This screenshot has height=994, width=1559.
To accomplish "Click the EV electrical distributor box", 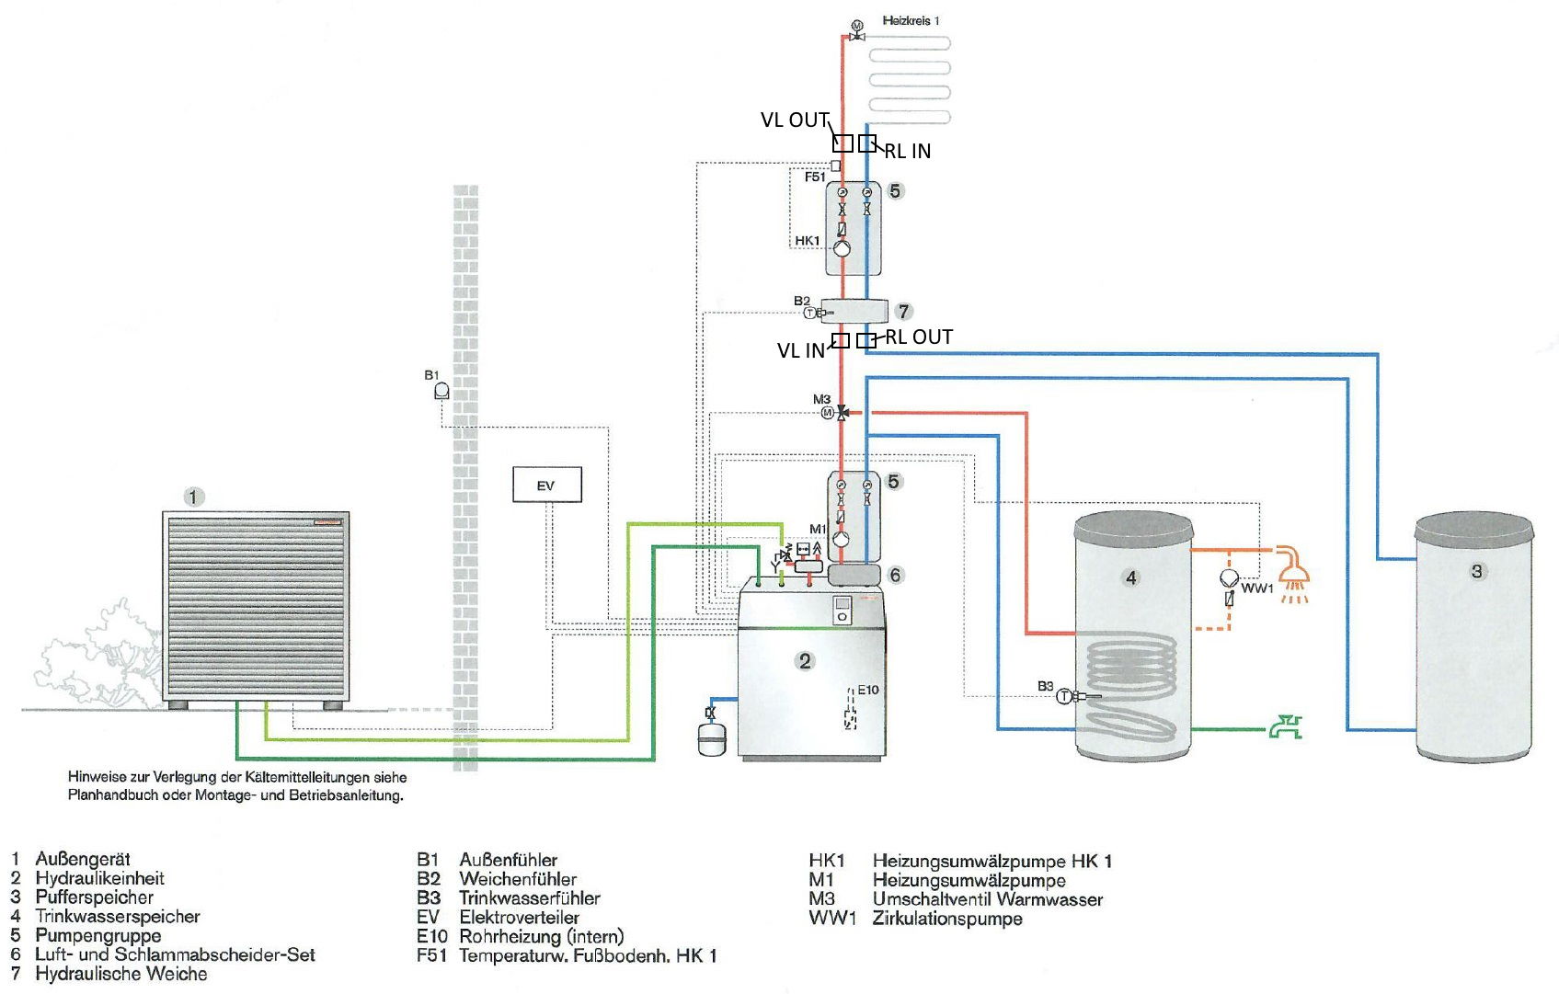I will [x=546, y=485].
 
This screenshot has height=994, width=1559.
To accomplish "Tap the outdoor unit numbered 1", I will [x=256, y=607].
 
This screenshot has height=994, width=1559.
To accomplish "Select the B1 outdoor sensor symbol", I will [x=441, y=391].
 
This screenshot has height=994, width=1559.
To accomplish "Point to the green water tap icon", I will [x=1285, y=728].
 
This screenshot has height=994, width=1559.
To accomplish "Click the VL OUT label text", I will [x=795, y=120].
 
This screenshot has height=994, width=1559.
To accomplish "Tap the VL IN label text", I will [x=800, y=351].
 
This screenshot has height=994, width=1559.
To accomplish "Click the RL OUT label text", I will [x=919, y=337].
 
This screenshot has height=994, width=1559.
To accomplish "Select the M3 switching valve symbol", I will [x=842, y=413].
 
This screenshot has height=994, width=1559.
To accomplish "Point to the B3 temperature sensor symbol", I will [x=1065, y=696].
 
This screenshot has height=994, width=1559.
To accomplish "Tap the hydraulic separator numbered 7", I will [x=854, y=311].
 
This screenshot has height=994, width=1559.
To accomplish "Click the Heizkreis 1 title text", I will [x=911, y=20].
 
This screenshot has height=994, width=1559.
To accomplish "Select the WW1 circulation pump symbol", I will [x=1229, y=578].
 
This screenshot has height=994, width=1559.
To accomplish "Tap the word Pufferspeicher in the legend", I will [x=94, y=897].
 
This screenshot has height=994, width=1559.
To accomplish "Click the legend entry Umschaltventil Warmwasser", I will [x=987, y=899].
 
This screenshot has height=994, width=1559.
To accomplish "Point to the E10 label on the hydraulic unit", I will [x=867, y=690].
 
